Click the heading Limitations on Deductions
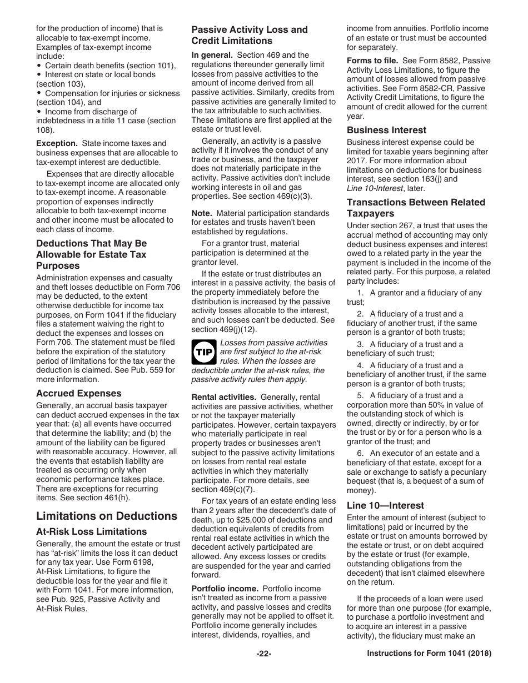coord(107,516)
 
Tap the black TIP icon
coord(203,352)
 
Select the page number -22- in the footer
coord(263,654)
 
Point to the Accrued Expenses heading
coord(78,393)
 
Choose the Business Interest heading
coord(387,130)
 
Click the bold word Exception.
coord(57,143)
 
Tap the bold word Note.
coord(202,213)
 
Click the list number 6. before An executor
coord(362,453)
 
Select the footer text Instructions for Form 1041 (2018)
coord(429,654)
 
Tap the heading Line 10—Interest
coord(385,505)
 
